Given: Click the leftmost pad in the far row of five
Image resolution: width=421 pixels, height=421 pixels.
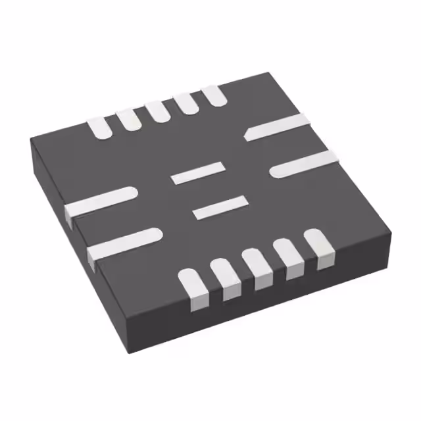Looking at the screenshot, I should pos(101,127).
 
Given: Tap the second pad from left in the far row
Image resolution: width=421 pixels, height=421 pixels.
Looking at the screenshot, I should pos(129,119).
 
